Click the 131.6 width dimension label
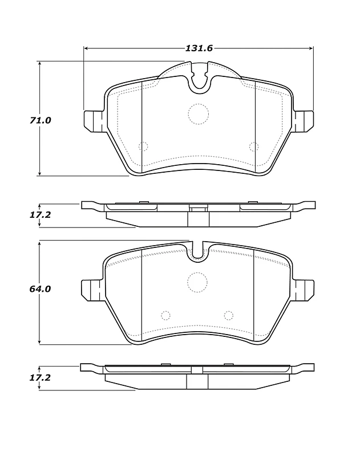[x=199, y=48]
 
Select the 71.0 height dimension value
[x=40, y=120]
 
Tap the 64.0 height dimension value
[x=40, y=289]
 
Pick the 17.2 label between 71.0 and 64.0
[x=40, y=215]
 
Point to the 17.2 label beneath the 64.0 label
[x=40, y=378]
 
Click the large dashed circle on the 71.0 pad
[x=199, y=114]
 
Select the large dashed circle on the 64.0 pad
[x=197, y=282]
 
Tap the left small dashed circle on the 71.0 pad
[x=143, y=146]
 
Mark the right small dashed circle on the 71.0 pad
[x=254, y=147]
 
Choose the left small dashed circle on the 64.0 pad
[x=165, y=316]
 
